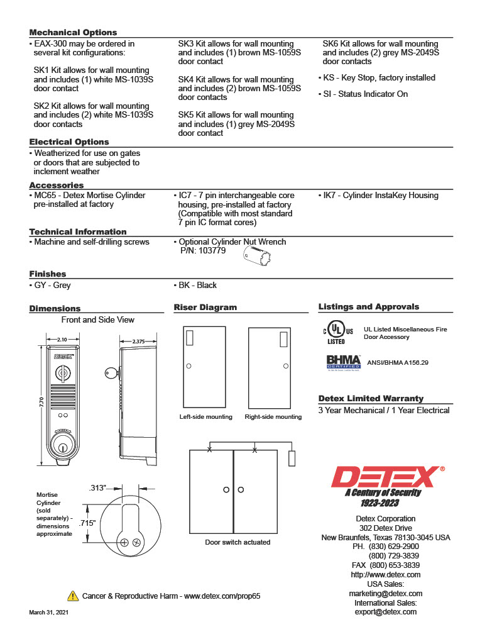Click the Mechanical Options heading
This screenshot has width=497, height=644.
pos(73,33)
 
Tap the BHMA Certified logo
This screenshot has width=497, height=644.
pos(343,363)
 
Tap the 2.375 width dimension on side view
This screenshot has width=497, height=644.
pos(139,341)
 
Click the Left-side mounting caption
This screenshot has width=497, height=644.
pos(205,417)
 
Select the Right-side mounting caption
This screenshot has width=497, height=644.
pos(273,417)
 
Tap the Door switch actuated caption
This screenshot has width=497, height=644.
pos(238,542)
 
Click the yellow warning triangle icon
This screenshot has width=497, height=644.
pos(72,596)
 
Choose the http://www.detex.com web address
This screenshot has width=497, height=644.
pos(385,575)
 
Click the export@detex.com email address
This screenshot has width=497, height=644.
pos(385,612)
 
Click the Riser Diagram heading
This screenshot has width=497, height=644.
pos(205,308)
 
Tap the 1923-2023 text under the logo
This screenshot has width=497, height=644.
pos(379,504)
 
